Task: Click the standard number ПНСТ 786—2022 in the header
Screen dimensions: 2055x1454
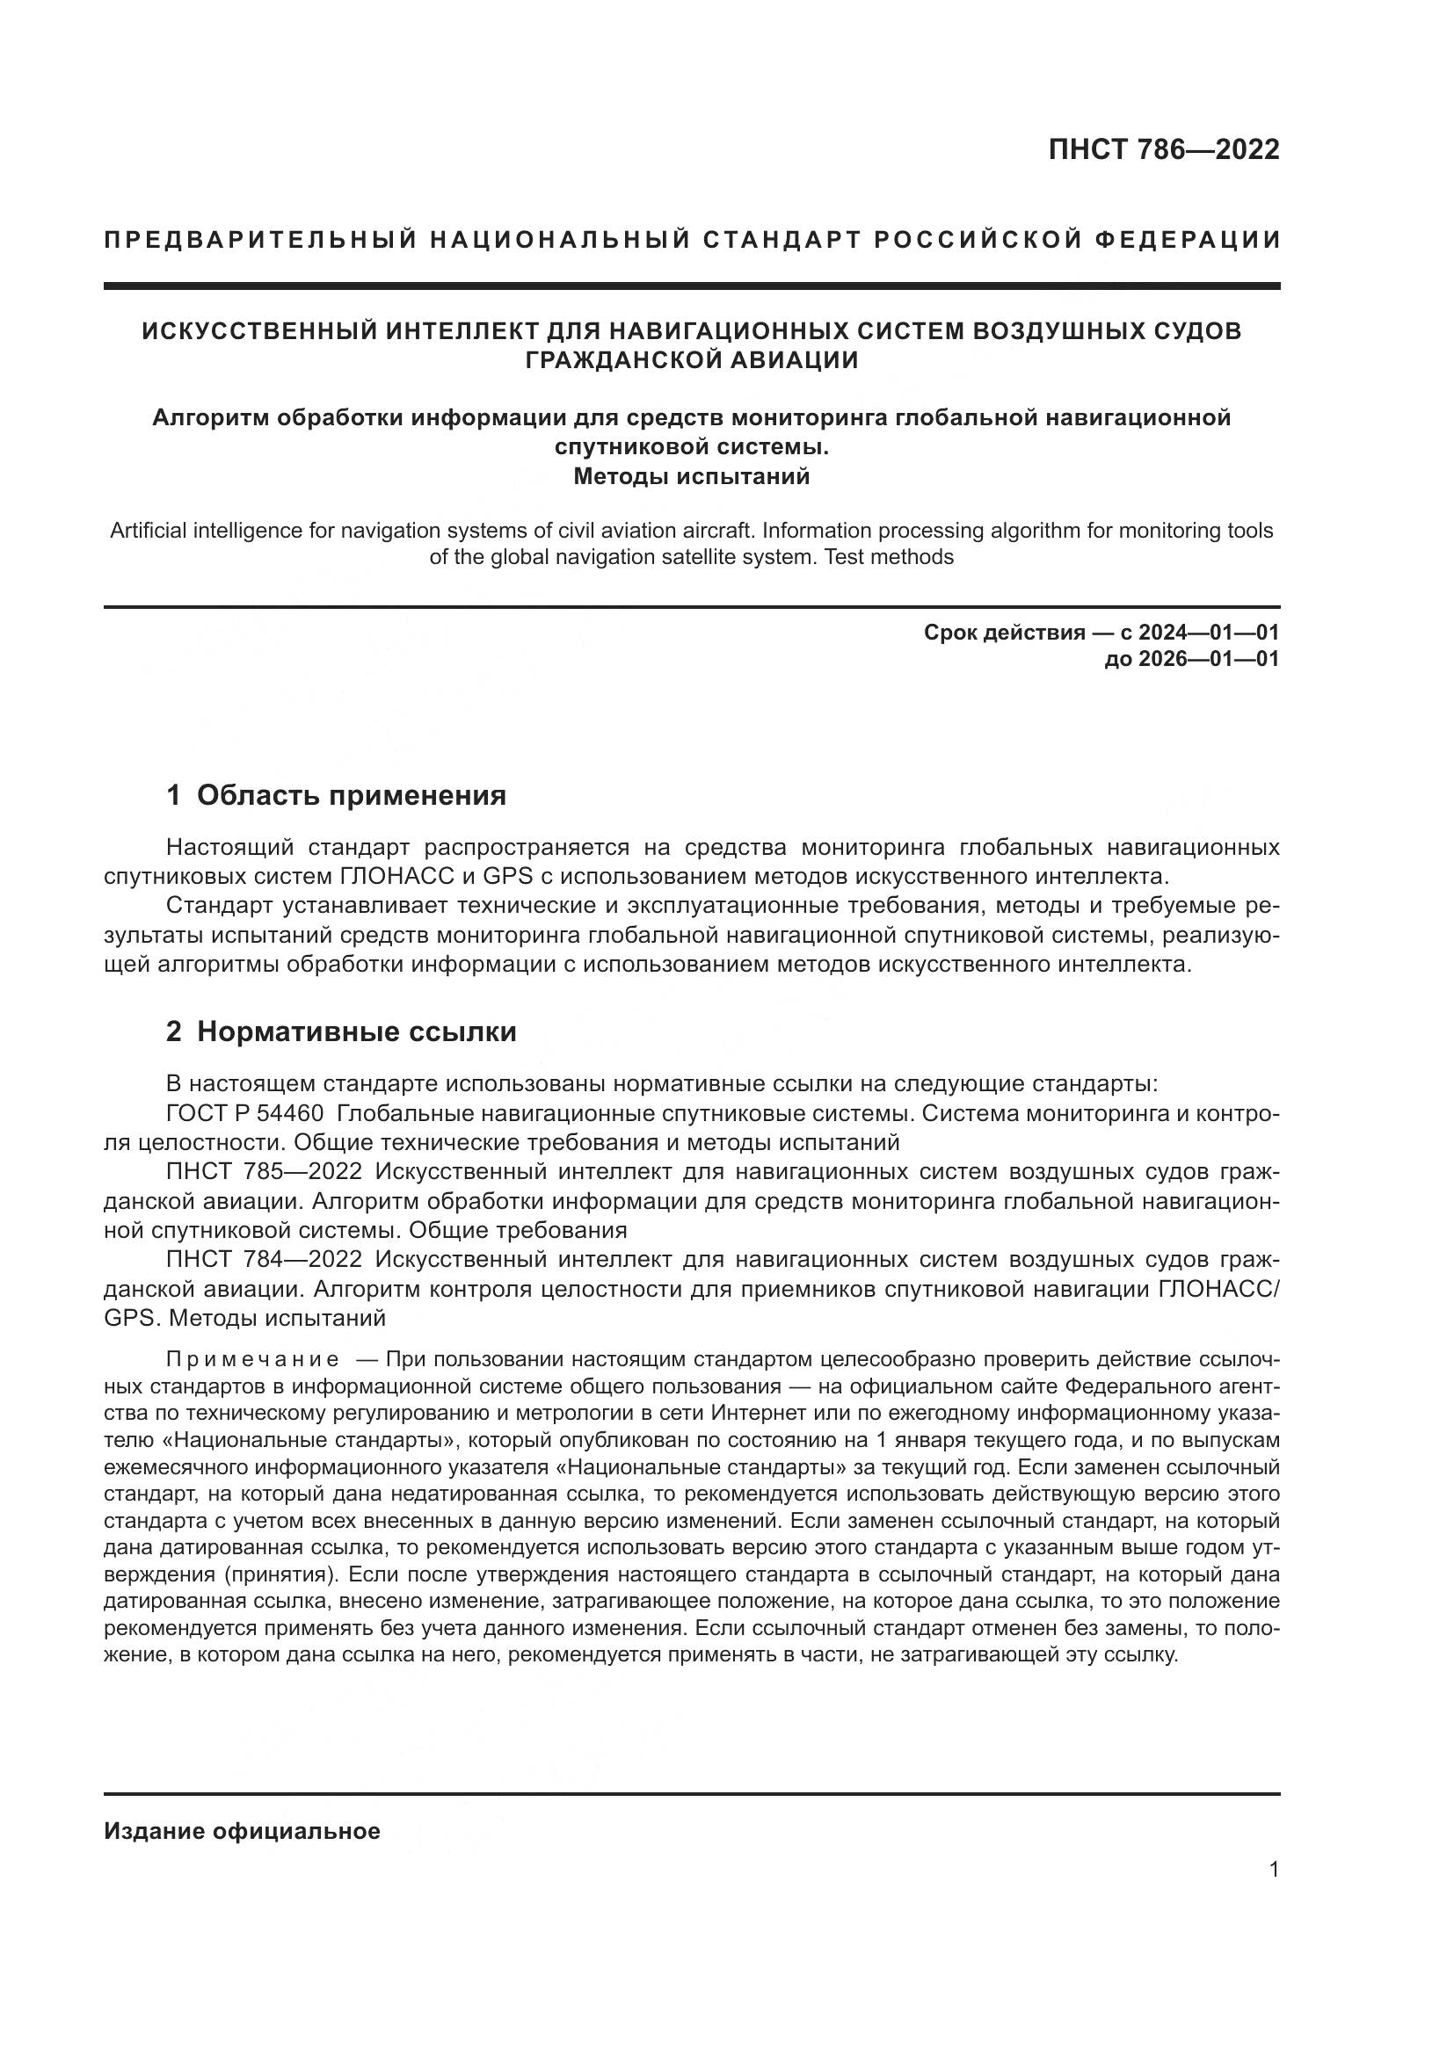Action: tap(1163, 149)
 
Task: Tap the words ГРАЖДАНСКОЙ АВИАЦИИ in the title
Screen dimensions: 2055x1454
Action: tap(691, 360)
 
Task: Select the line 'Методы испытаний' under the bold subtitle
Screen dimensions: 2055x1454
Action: tap(691, 476)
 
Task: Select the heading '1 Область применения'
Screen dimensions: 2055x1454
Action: tap(337, 795)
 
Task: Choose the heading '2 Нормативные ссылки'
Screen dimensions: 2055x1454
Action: tap(341, 1032)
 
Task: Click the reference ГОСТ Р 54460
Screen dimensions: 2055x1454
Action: tap(245, 1113)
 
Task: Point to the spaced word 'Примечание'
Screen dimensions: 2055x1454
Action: tap(252, 1359)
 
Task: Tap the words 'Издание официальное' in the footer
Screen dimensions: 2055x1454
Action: tap(242, 1831)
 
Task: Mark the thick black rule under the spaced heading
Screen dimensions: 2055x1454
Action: tap(691, 286)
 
